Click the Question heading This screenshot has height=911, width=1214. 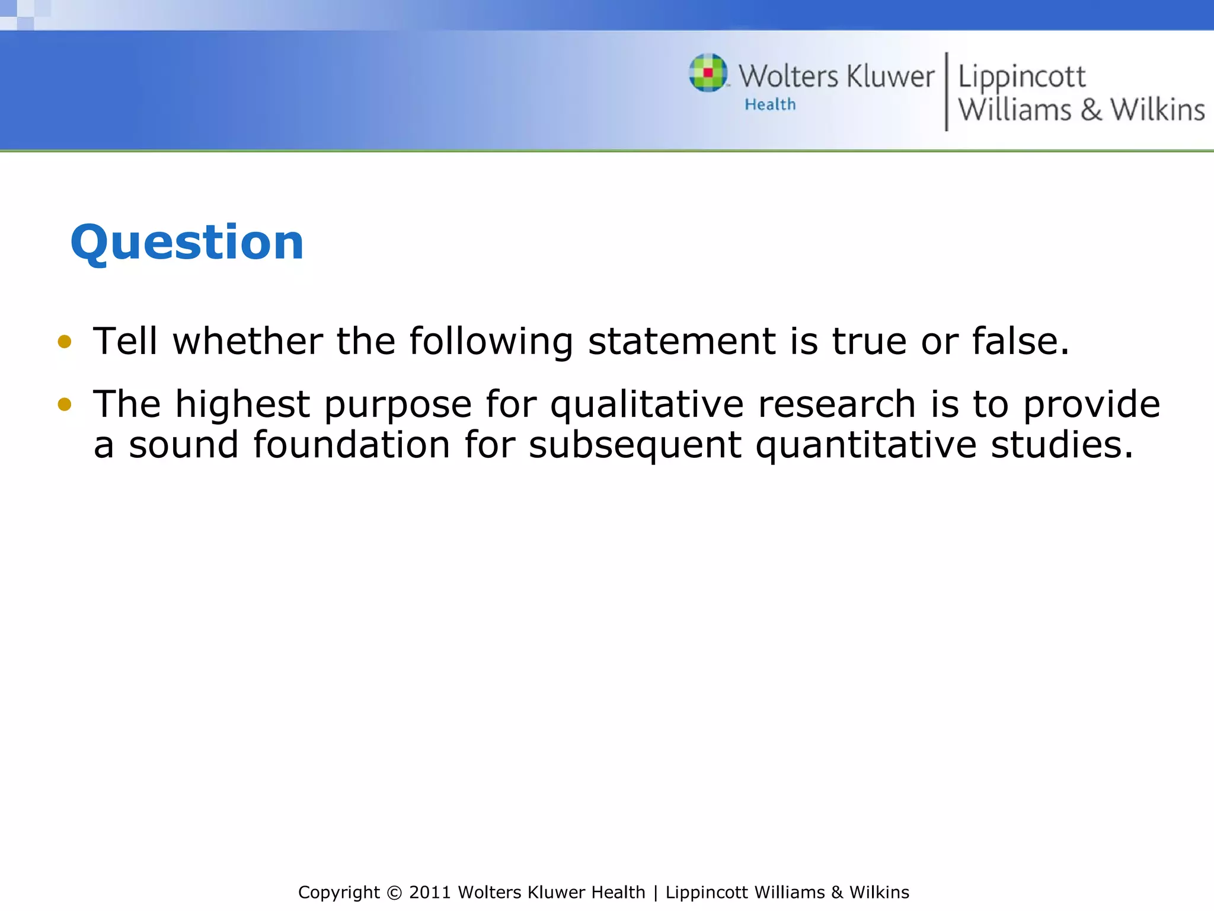pyautogui.click(x=187, y=243)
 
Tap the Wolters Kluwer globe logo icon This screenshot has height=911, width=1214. pyautogui.click(x=708, y=73)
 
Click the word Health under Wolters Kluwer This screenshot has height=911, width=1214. pyautogui.click(x=770, y=104)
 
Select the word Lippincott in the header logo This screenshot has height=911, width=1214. pyautogui.click(x=1021, y=77)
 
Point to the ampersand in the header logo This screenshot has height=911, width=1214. pyautogui.click(x=1091, y=110)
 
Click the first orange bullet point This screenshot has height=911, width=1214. pyautogui.click(x=65, y=342)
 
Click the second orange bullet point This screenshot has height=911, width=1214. pyautogui.click(x=65, y=404)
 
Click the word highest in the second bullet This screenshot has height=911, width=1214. pyautogui.click(x=242, y=404)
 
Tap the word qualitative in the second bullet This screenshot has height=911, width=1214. pyautogui.click(x=647, y=404)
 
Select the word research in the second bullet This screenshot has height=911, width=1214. pyautogui.click(x=837, y=404)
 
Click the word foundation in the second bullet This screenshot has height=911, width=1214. pyautogui.click(x=352, y=445)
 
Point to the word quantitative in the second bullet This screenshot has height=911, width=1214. pyautogui.click(x=865, y=445)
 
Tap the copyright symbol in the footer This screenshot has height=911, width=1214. pyautogui.click(x=394, y=893)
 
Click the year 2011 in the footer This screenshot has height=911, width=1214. pyautogui.click(x=430, y=893)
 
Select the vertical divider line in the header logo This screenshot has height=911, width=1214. pyautogui.click(x=946, y=91)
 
